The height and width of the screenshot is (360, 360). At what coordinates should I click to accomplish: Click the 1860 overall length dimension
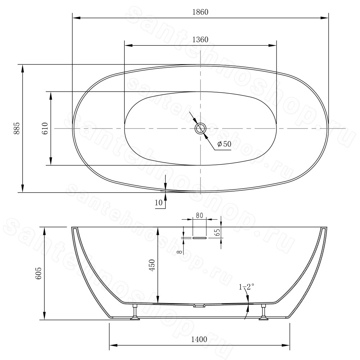click(200, 12)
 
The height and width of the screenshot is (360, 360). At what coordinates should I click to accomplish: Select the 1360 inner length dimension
click(200, 40)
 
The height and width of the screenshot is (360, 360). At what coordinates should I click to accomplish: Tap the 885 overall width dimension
click(17, 129)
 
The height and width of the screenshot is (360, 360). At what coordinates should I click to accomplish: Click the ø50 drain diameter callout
click(224, 144)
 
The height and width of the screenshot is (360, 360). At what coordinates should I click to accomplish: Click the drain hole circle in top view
click(201, 129)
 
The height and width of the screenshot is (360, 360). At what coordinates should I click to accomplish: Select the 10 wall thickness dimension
click(159, 203)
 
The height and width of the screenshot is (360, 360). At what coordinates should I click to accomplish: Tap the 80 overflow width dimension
click(199, 215)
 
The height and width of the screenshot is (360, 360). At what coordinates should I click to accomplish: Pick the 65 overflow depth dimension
click(218, 232)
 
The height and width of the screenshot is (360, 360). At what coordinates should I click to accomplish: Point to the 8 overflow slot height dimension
click(180, 252)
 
